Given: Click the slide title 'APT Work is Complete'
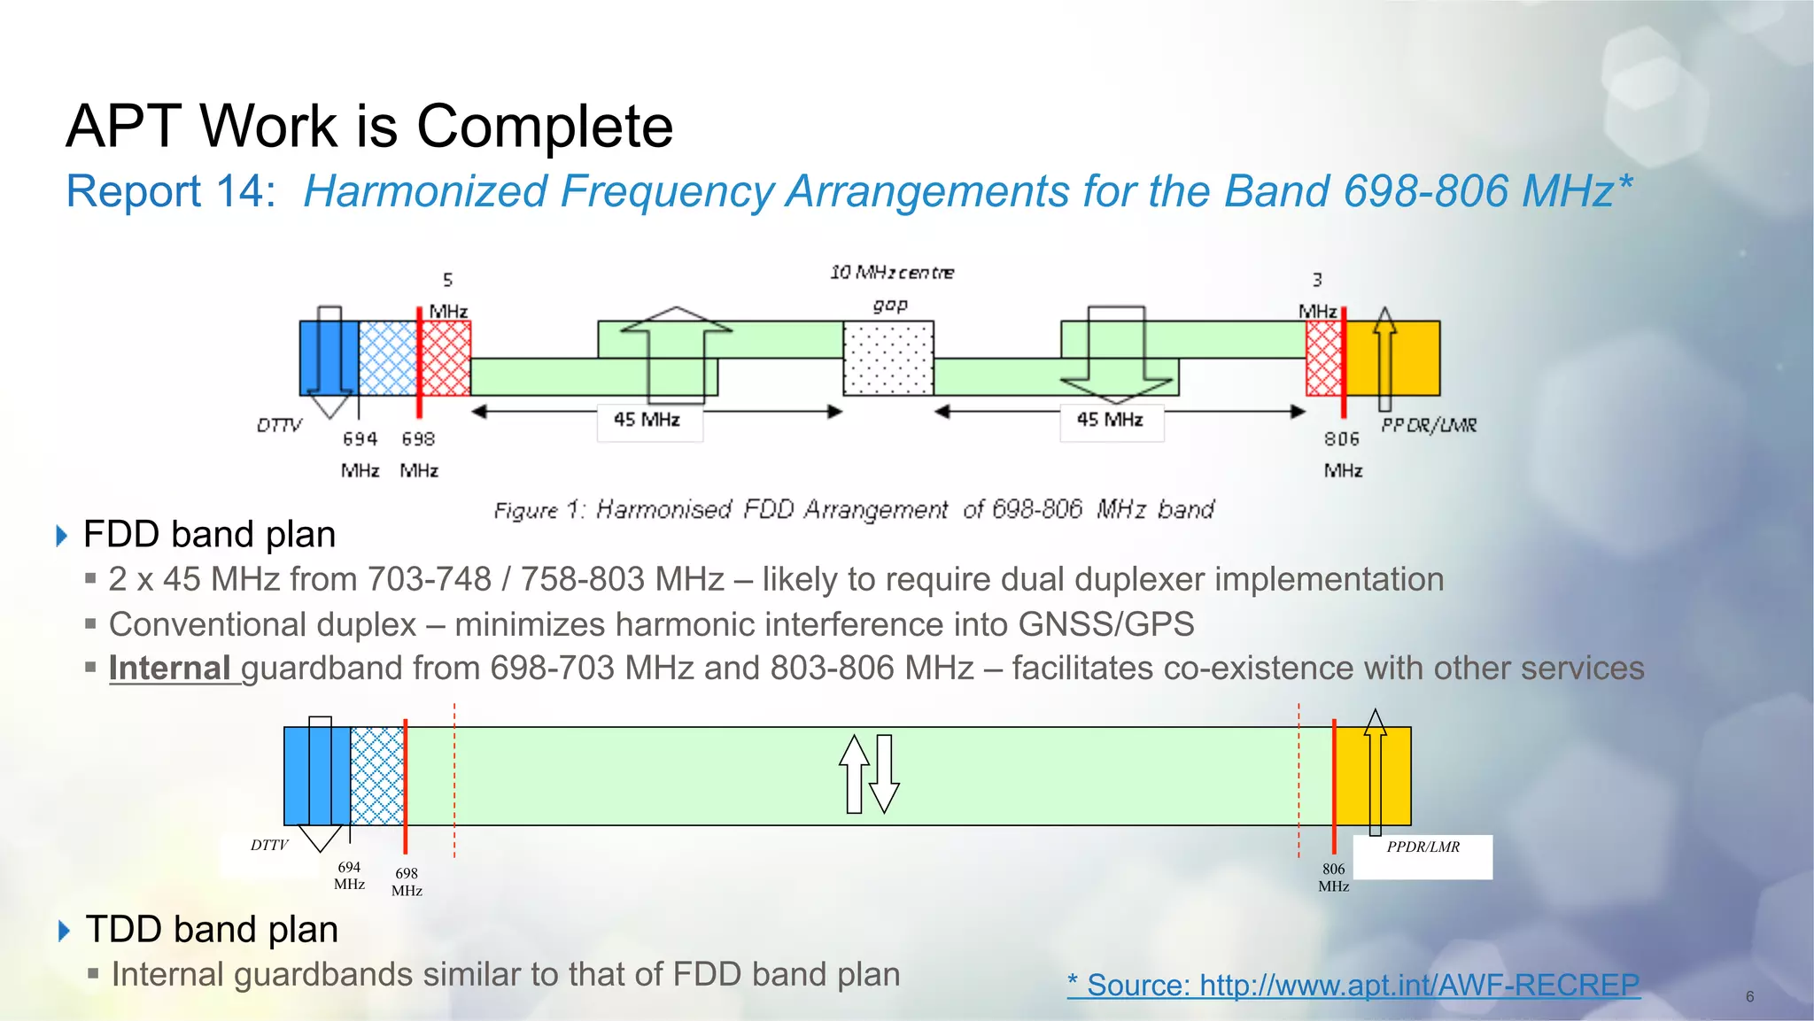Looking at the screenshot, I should click(369, 126).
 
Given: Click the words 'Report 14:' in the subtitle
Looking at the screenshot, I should click(171, 191).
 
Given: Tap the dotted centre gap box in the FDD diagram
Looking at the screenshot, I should click(888, 358).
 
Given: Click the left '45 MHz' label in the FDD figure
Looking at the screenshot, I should click(647, 420).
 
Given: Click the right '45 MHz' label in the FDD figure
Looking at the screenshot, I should click(1110, 420).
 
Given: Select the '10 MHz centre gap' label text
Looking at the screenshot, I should click(891, 287).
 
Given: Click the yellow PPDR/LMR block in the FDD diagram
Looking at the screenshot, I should click(1408, 358).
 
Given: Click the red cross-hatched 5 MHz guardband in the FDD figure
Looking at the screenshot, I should click(446, 358).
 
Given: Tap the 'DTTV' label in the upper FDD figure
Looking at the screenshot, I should click(279, 426).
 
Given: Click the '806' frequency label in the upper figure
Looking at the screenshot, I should click(1342, 439).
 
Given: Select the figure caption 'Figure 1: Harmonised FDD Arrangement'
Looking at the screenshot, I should click(854, 510).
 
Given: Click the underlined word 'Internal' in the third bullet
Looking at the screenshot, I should click(170, 669).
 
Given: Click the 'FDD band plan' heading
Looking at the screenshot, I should click(209, 535).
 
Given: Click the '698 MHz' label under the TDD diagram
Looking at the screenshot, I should click(407, 882).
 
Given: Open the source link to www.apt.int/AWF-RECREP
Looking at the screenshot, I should click(1353, 985).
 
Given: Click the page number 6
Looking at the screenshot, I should click(1749, 997).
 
